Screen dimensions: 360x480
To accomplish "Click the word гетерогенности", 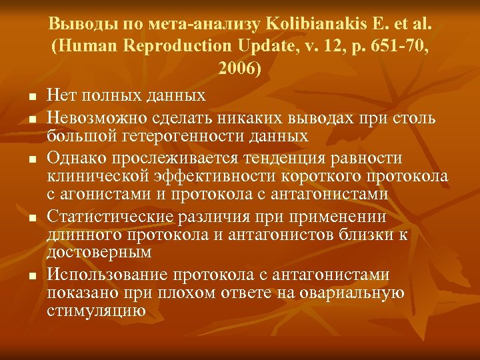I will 195,137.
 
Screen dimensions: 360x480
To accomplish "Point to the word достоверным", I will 99,253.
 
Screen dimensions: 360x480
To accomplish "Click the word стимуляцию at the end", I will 97,311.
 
